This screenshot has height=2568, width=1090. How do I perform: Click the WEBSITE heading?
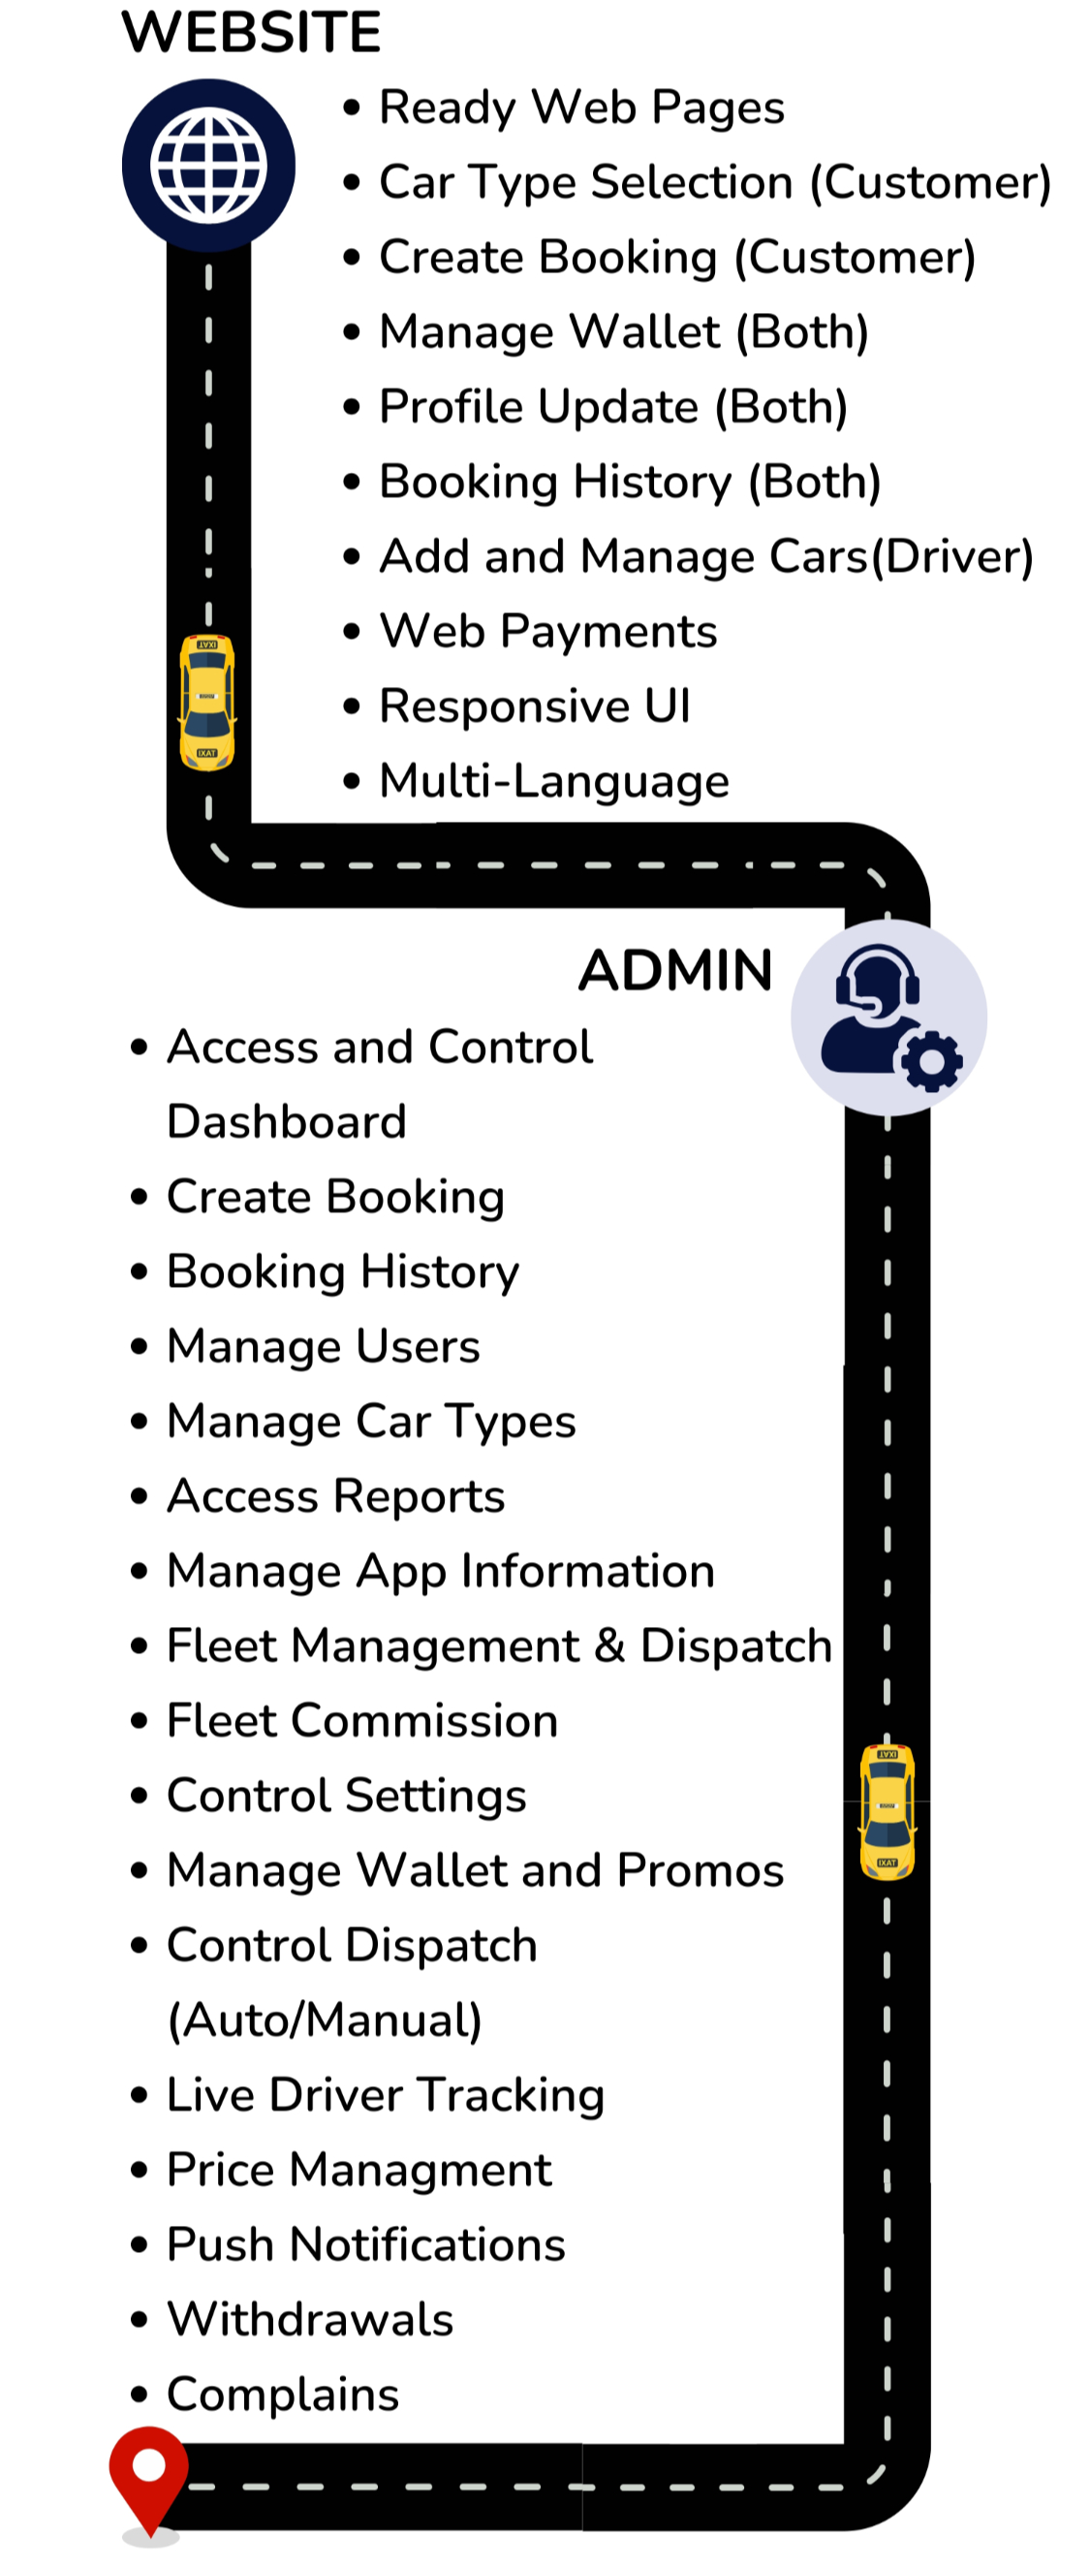click(251, 32)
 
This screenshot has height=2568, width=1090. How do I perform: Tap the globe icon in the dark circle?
click(208, 165)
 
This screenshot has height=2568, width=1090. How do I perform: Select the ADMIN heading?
click(675, 970)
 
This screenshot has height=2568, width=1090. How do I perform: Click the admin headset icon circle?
click(888, 1016)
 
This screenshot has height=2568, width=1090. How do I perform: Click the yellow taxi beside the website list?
click(207, 702)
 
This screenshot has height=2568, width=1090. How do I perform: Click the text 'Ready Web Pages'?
click(582, 108)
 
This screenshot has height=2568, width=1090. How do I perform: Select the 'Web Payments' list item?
click(548, 631)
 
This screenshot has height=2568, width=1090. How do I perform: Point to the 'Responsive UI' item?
click(535, 705)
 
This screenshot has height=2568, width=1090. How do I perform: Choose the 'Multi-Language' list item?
click(554, 780)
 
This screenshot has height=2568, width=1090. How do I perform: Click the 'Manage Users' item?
click(323, 1346)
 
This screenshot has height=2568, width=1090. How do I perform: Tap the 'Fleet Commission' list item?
click(361, 1721)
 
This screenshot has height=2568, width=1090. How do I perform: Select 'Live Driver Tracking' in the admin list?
click(386, 2094)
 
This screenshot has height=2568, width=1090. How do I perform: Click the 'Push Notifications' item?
click(365, 2244)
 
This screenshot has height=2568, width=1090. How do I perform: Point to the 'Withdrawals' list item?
click(310, 2319)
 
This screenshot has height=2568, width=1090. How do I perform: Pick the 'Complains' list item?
click(283, 2394)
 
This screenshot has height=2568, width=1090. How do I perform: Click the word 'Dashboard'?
click(287, 1121)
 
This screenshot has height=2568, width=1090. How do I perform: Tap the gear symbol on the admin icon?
click(931, 1063)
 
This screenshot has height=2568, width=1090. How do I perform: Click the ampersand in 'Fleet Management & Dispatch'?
click(608, 1645)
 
